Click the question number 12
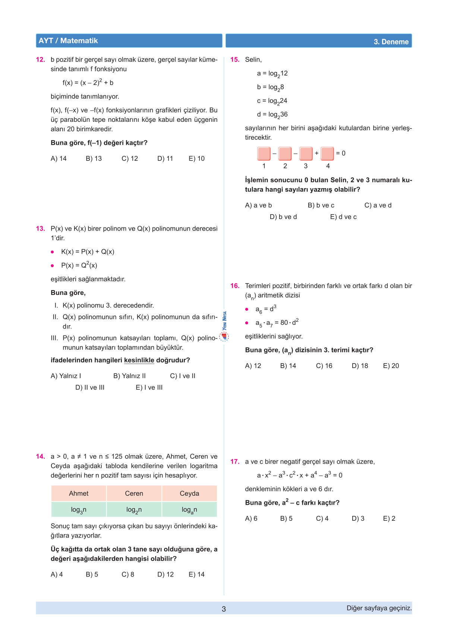tap(40, 60)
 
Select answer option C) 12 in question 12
tap(130, 159)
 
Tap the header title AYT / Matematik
tap(68, 41)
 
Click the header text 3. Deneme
tap(391, 42)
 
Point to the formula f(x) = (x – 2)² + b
tap(88, 83)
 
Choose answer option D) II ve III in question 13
tap(90, 387)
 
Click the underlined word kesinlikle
tap(139, 360)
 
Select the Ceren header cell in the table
tap(134, 494)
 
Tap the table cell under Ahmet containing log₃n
tap(79, 510)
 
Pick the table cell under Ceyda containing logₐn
tap(189, 510)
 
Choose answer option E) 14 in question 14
tap(196, 574)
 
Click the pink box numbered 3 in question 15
tap(306, 153)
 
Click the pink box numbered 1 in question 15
tap(264, 153)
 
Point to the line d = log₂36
tap(272, 115)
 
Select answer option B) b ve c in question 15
tap(321, 205)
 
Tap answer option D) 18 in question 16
tap(360, 366)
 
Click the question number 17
tap(235, 461)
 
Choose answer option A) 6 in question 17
tap(251, 518)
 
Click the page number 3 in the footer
tap(224, 609)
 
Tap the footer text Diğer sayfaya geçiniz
tap(379, 608)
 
